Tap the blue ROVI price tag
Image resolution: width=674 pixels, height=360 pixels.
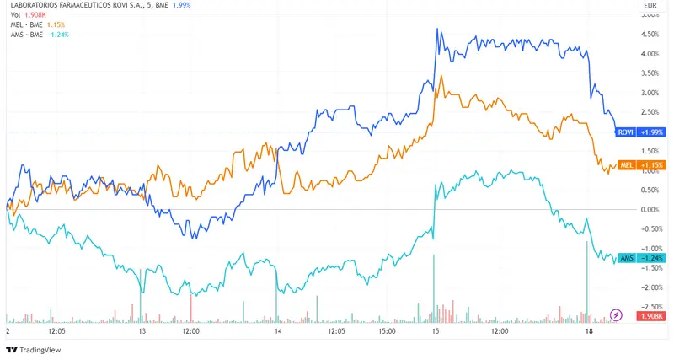[x=626, y=132]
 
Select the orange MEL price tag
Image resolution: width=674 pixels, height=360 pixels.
[x=627, y=164]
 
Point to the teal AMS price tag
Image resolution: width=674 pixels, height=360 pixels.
[x=626, y=257]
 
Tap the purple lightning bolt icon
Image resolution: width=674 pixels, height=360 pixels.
[x=616, y=315]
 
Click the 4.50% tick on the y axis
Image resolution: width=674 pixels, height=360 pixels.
[x=650, y=35]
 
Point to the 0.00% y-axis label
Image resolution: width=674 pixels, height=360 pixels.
[x=650, y=209]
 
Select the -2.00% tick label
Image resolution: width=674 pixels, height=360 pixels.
[x=650, y=287]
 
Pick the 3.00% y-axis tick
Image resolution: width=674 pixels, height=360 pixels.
[x=650, y=93]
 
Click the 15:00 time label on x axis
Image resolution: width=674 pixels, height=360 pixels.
[x=387, y=332]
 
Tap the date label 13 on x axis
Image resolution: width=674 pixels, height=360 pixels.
[x=142, y=332]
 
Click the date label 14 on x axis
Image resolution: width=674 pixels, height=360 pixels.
[x=278, y=332]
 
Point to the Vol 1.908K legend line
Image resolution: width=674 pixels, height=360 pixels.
[x=26, y=15]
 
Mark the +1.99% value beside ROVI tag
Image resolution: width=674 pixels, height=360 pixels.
[x=652, y=132]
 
